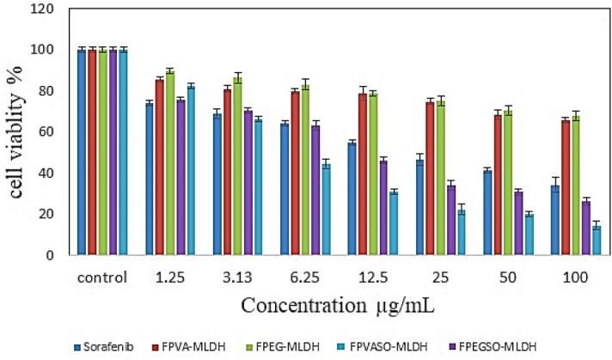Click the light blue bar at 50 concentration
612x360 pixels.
pos(529,235)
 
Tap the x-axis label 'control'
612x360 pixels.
pos(102,278)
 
